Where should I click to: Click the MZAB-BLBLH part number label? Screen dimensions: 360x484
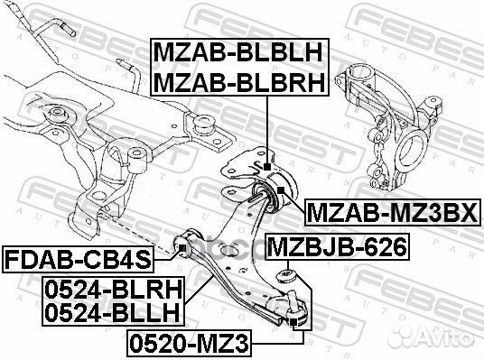click(241, 51)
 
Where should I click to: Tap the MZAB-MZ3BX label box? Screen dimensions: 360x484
click(395, 214)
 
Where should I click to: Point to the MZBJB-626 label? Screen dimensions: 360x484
click(337, 245)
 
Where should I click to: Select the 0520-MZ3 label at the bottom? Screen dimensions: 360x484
click(192, 343)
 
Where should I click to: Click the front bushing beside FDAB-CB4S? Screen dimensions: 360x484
click(182, 242)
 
